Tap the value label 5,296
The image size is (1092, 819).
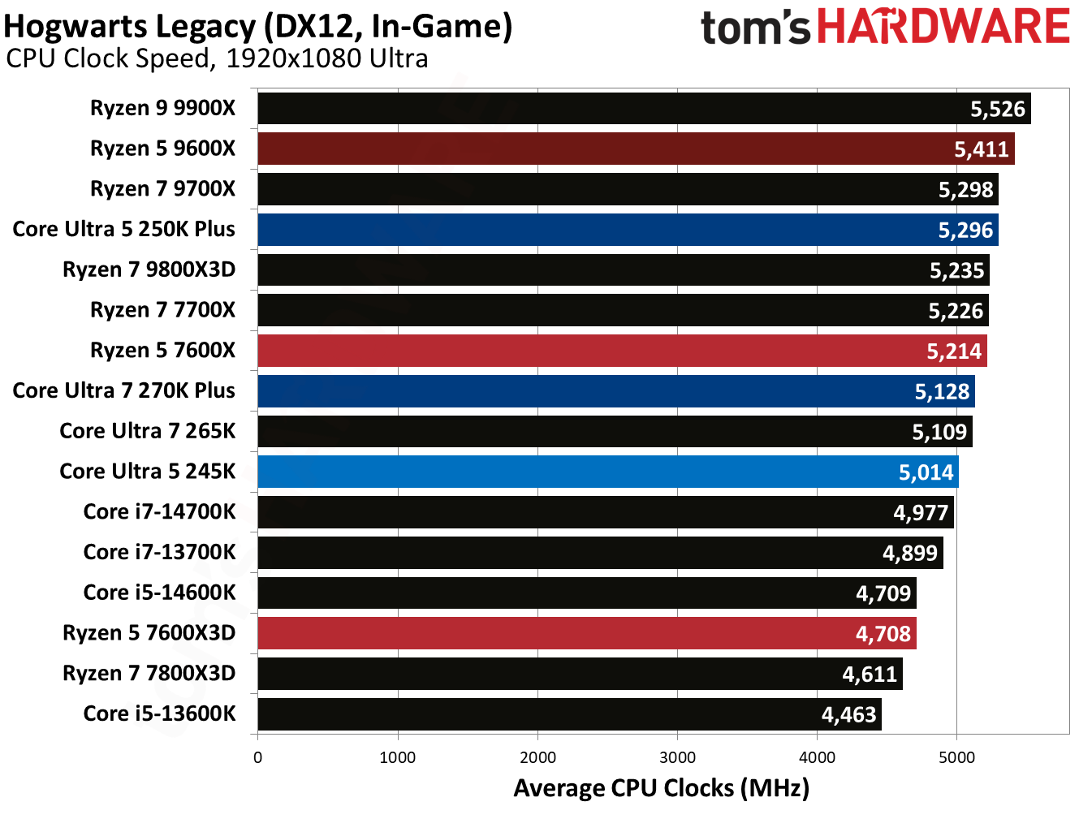click(965, 231)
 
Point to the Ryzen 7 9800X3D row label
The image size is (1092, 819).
click(149, 269)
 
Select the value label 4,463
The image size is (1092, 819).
click(848, 715)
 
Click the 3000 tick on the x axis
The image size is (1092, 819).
click(677, 757)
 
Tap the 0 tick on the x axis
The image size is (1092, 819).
click(258, 757)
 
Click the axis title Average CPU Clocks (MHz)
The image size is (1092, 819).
click(661, 788)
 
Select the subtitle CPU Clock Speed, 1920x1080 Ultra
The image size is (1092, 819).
click(217, 59)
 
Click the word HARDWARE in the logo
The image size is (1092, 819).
click(943, 27)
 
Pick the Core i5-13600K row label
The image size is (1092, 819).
click(159, 713)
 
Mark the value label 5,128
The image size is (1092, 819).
click(942, 392)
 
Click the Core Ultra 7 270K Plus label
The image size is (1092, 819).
click(123, 390)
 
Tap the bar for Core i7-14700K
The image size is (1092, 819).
click(605, 513)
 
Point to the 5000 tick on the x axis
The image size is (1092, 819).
click(956, 757)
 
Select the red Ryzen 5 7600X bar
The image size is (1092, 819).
click(622, 351)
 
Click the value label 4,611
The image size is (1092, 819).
click(869, 675)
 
